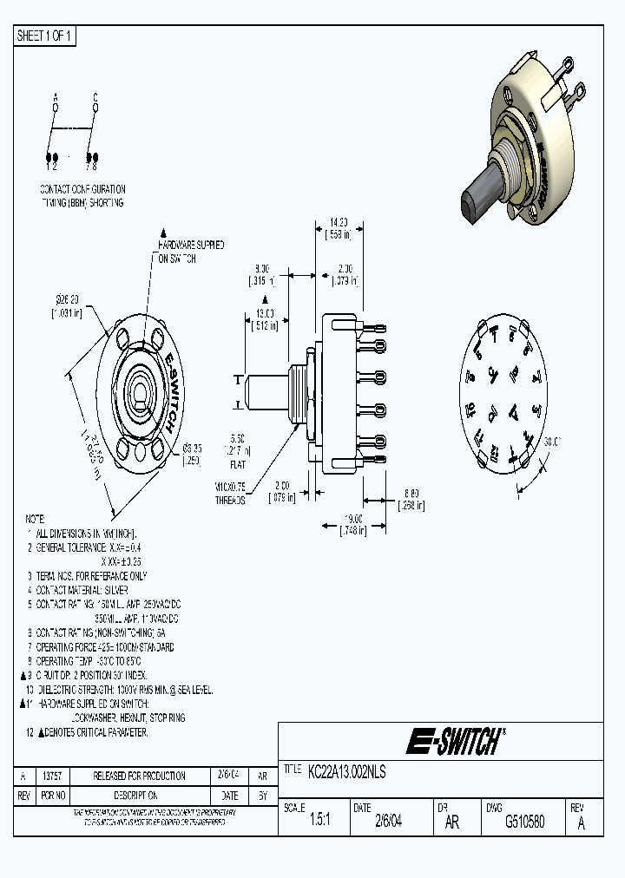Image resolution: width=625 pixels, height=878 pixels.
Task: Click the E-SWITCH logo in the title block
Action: [455, 742]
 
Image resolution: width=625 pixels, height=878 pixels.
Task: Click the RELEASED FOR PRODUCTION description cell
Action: [128, 776]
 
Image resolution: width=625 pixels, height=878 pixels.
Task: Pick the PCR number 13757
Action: [54, 776]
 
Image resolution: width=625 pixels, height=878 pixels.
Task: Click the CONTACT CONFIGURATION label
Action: [82, 188]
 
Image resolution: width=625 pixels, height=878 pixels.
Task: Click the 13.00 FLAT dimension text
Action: [263, 318]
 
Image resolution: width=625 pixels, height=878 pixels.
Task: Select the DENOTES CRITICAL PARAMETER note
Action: [92, 732]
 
